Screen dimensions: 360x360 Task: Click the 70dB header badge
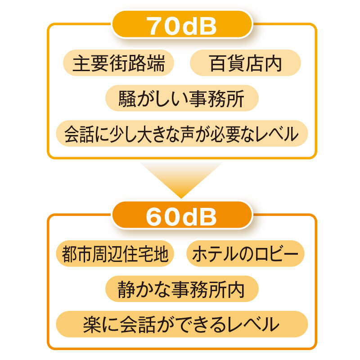tap(182, 24)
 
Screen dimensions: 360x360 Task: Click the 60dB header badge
tap(182, 215)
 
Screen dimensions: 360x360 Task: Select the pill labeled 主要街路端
tap(118, 63)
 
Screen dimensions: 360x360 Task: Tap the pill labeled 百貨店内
tap(245, 63)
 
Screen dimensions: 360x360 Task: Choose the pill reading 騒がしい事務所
tap(182, 98)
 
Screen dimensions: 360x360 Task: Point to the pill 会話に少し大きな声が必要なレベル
tap(182, 133)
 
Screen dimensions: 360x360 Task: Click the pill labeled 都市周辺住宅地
tap(115, 253)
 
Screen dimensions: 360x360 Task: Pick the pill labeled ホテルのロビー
tap(245, 253)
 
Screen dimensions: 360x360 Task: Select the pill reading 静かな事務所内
tap(182, 289)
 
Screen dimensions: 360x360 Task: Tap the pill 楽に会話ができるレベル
tap(182, 324)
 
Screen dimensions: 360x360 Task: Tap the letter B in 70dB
tap(208, 26)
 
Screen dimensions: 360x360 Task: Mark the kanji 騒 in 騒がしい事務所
tap(127, 99)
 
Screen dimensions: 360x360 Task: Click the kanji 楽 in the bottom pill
tap(92, 324)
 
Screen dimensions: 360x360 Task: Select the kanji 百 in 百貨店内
tap(218, 63)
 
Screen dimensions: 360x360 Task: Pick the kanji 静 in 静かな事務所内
tap(127, 289)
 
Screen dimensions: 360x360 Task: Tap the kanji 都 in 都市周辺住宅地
tap(70, 254)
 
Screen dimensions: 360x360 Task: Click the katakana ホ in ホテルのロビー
tap(201, 254)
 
